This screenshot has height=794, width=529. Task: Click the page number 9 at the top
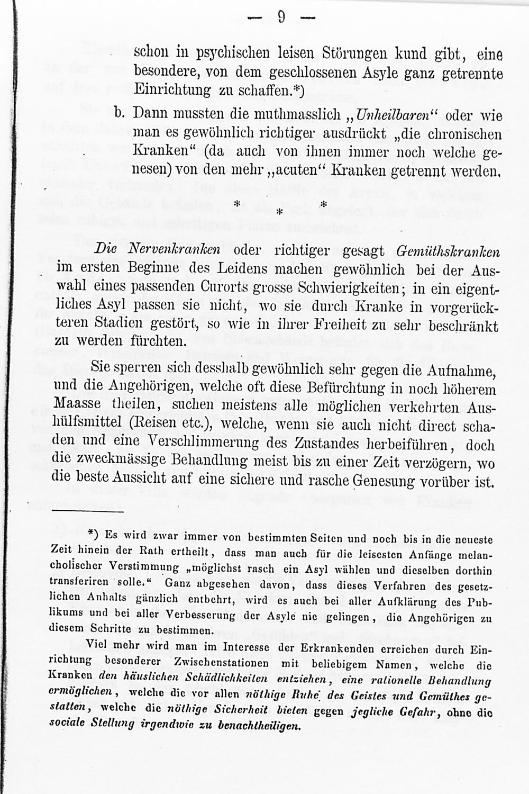pyautogui.click(x=281, y=18)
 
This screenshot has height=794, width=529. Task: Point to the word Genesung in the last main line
pyautogui.click(x=385, y=481)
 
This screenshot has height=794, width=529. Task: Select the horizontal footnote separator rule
pyautogui.click(x=87, y=512)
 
